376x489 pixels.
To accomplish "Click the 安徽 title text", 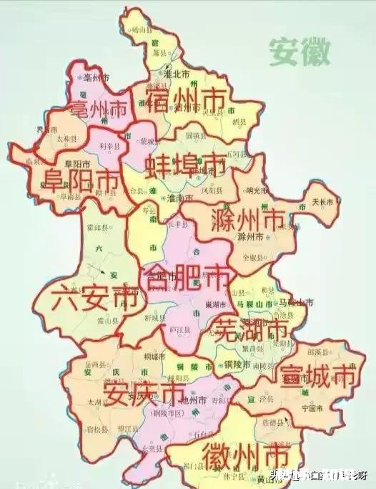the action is point(300,52).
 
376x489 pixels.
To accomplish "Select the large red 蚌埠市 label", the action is point(185,167).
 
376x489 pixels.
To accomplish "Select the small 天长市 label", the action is point(322,202).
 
